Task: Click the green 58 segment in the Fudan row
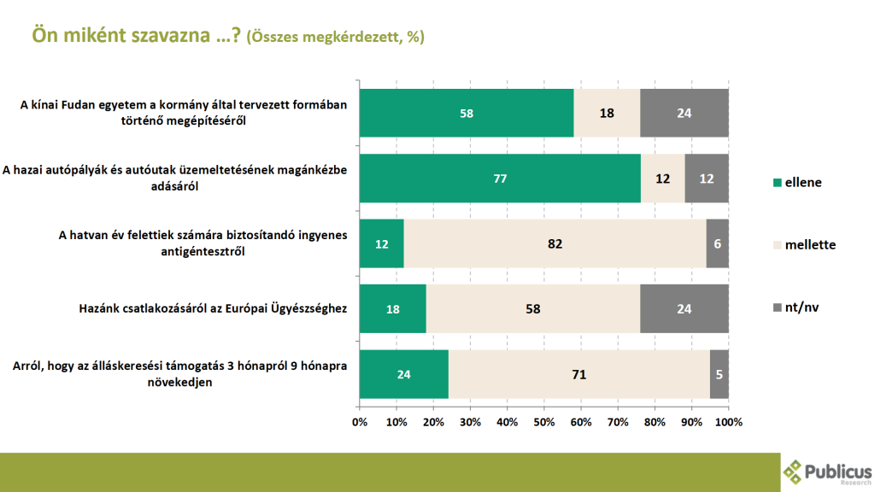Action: [x=467, y=113]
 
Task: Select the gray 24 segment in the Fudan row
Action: [x=684, y=113]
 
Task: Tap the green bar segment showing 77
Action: [x=500, y=179]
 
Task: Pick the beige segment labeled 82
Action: [x=555, y=243]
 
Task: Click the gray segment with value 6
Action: [x=718, y=243]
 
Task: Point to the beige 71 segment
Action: [x=579, y=374]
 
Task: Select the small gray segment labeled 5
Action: [x=719, y=374]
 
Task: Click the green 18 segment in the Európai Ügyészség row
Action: [x=392, y=309]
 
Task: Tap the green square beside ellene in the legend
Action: [x=777, y=182]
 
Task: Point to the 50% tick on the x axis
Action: [x=544, y=422]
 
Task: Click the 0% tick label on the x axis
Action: [x=360, y=422]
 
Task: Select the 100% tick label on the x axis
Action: [x=729, y=422]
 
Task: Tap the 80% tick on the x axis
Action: [x=655, y=422]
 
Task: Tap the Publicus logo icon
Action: [x=793, y=471]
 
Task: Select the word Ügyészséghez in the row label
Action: [x=305, y=308]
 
